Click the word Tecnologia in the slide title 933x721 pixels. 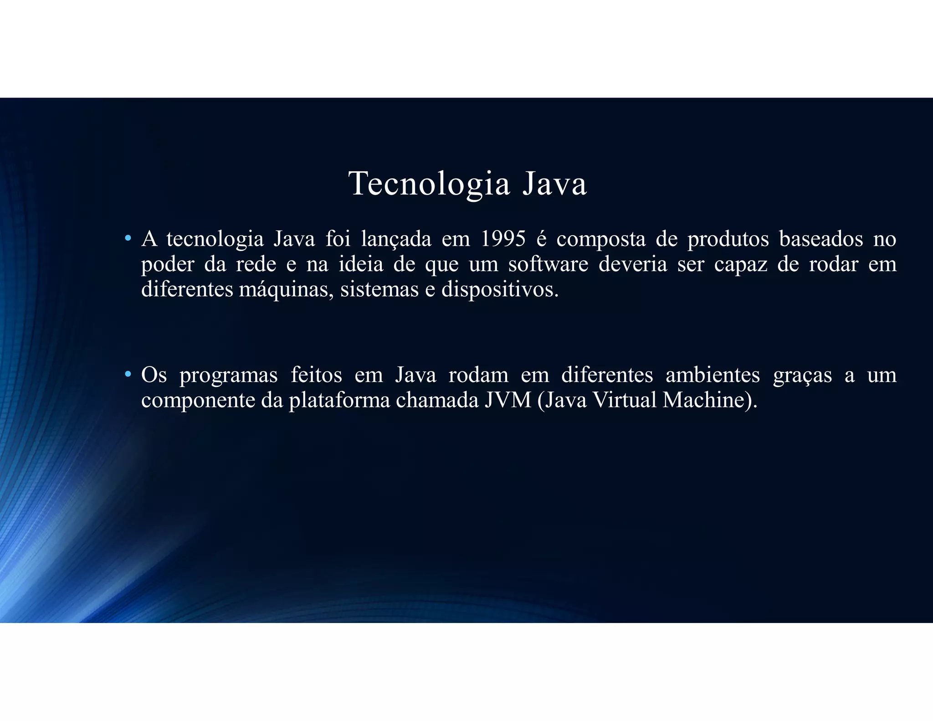(429, 184)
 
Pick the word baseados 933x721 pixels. (821, 239)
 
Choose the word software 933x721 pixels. (548, 264)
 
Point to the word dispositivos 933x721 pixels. (500, 290)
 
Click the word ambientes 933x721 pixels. (713, 375)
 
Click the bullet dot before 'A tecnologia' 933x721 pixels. (128, 238)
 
